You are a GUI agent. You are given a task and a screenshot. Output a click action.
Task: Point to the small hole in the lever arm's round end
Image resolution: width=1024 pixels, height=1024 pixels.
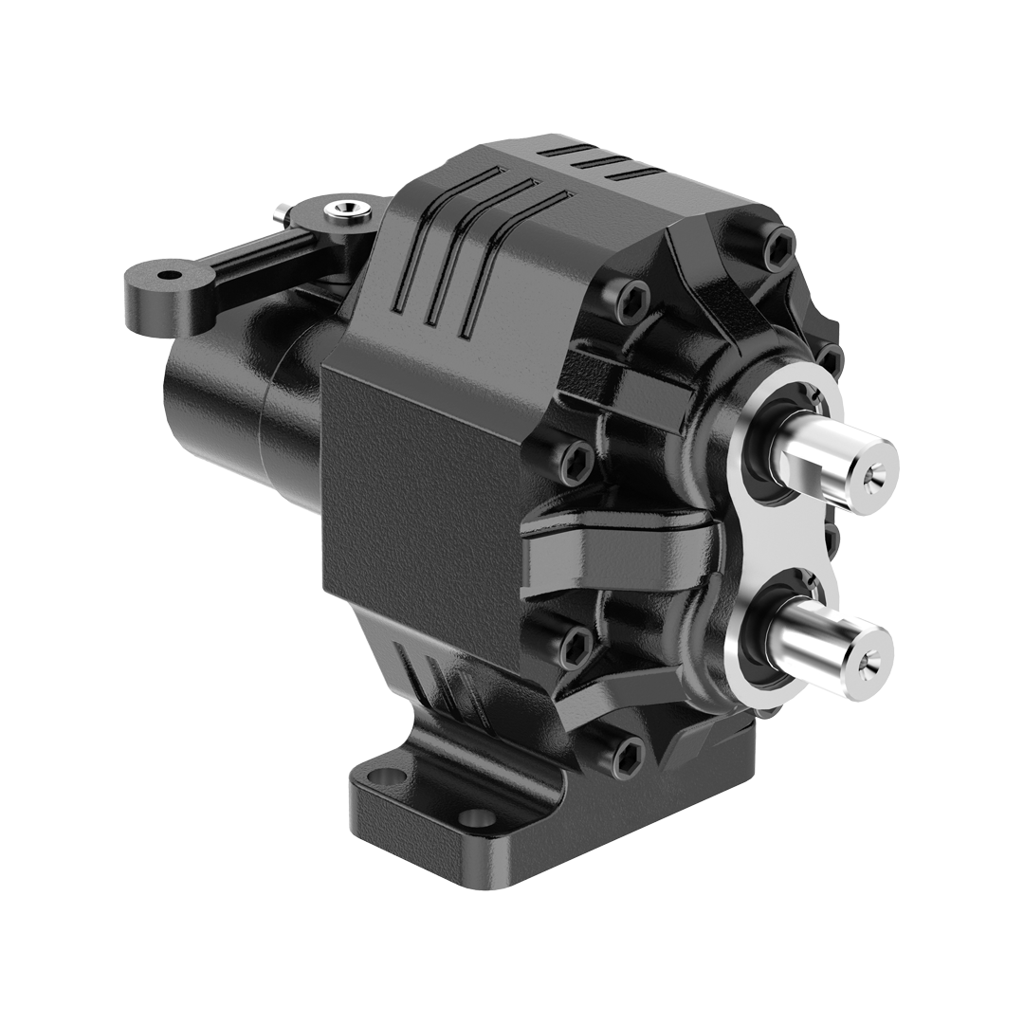168,275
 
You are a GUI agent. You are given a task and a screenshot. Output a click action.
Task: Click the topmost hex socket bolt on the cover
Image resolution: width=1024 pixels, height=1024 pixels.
778,245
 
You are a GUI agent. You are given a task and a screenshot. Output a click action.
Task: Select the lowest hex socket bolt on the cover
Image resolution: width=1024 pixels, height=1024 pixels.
629,754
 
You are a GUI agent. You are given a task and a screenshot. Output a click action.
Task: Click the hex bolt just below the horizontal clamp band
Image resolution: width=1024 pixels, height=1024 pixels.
576,648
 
